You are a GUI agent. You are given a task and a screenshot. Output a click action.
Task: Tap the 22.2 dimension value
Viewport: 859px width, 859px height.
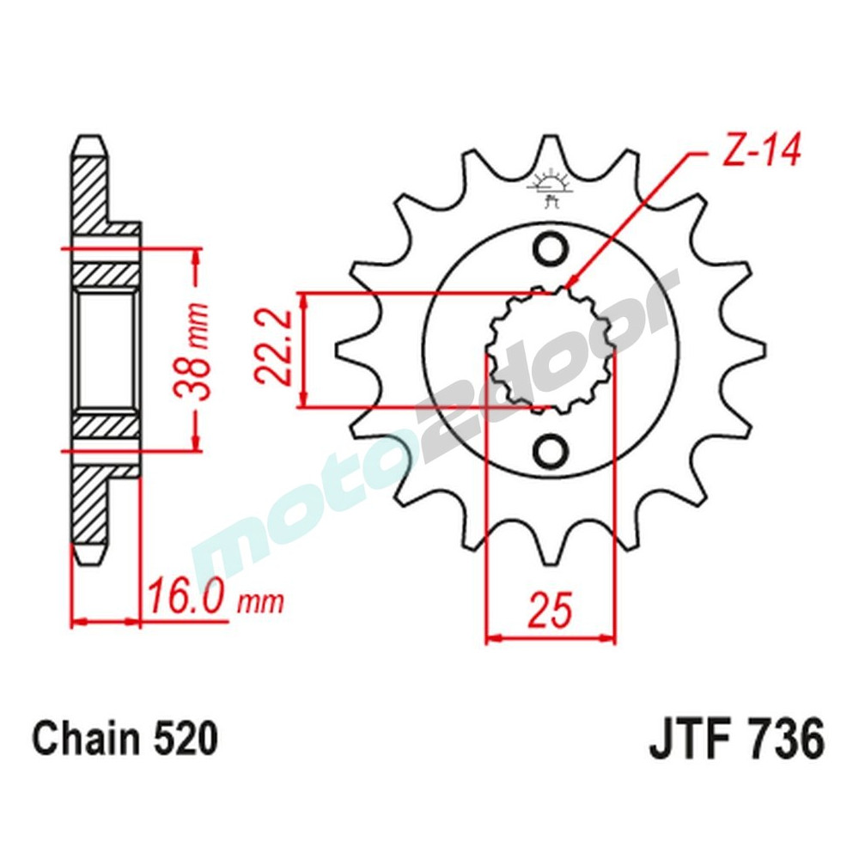pos(272,350)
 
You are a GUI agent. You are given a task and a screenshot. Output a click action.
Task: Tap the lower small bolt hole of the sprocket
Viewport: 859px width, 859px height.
pos(551,449)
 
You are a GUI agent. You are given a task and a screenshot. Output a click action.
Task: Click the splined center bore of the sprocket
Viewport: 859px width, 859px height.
pos(551,350)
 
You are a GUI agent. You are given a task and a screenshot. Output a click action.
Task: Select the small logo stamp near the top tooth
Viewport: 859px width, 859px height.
pos(551,186)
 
